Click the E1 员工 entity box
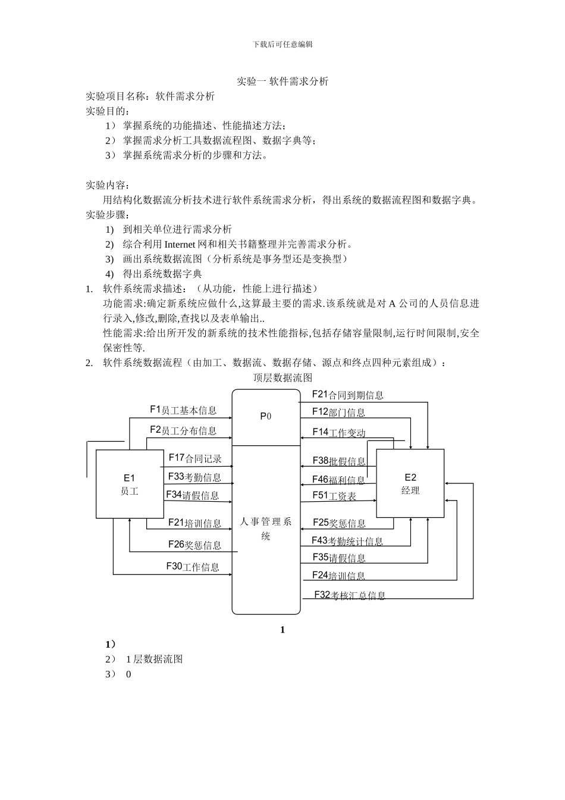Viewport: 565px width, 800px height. tap(130, 484)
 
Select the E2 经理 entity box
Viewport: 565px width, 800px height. tap(410, 483)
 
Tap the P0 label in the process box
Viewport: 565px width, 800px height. tap(265, 416)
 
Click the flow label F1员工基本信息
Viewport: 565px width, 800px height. tap(183, 410)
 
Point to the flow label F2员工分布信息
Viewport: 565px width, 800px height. tap(183, 430)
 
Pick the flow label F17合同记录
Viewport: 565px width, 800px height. tap(195, 458)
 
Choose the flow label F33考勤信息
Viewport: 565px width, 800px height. tap(194, 477)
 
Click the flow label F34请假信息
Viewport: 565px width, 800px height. tap(192, 495)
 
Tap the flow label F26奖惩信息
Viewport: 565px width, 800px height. tap(194, 545)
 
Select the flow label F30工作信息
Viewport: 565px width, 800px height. tap(193, 567)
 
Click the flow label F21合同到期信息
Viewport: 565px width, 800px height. tap(348, 395)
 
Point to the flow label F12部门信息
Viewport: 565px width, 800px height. tap(338, 412)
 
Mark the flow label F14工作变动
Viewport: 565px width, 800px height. tap(339, 433)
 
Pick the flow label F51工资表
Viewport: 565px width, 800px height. tap(334, 496)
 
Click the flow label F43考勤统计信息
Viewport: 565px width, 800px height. tap(347, 541)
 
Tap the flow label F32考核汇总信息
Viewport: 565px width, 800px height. tap(350, 595)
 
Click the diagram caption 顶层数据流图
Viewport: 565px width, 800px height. tap(282, 377)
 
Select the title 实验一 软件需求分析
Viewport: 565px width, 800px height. tap(282, 82)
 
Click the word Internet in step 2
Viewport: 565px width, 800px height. tap(183, 244)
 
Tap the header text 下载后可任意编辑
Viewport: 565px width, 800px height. tap(282, 44)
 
